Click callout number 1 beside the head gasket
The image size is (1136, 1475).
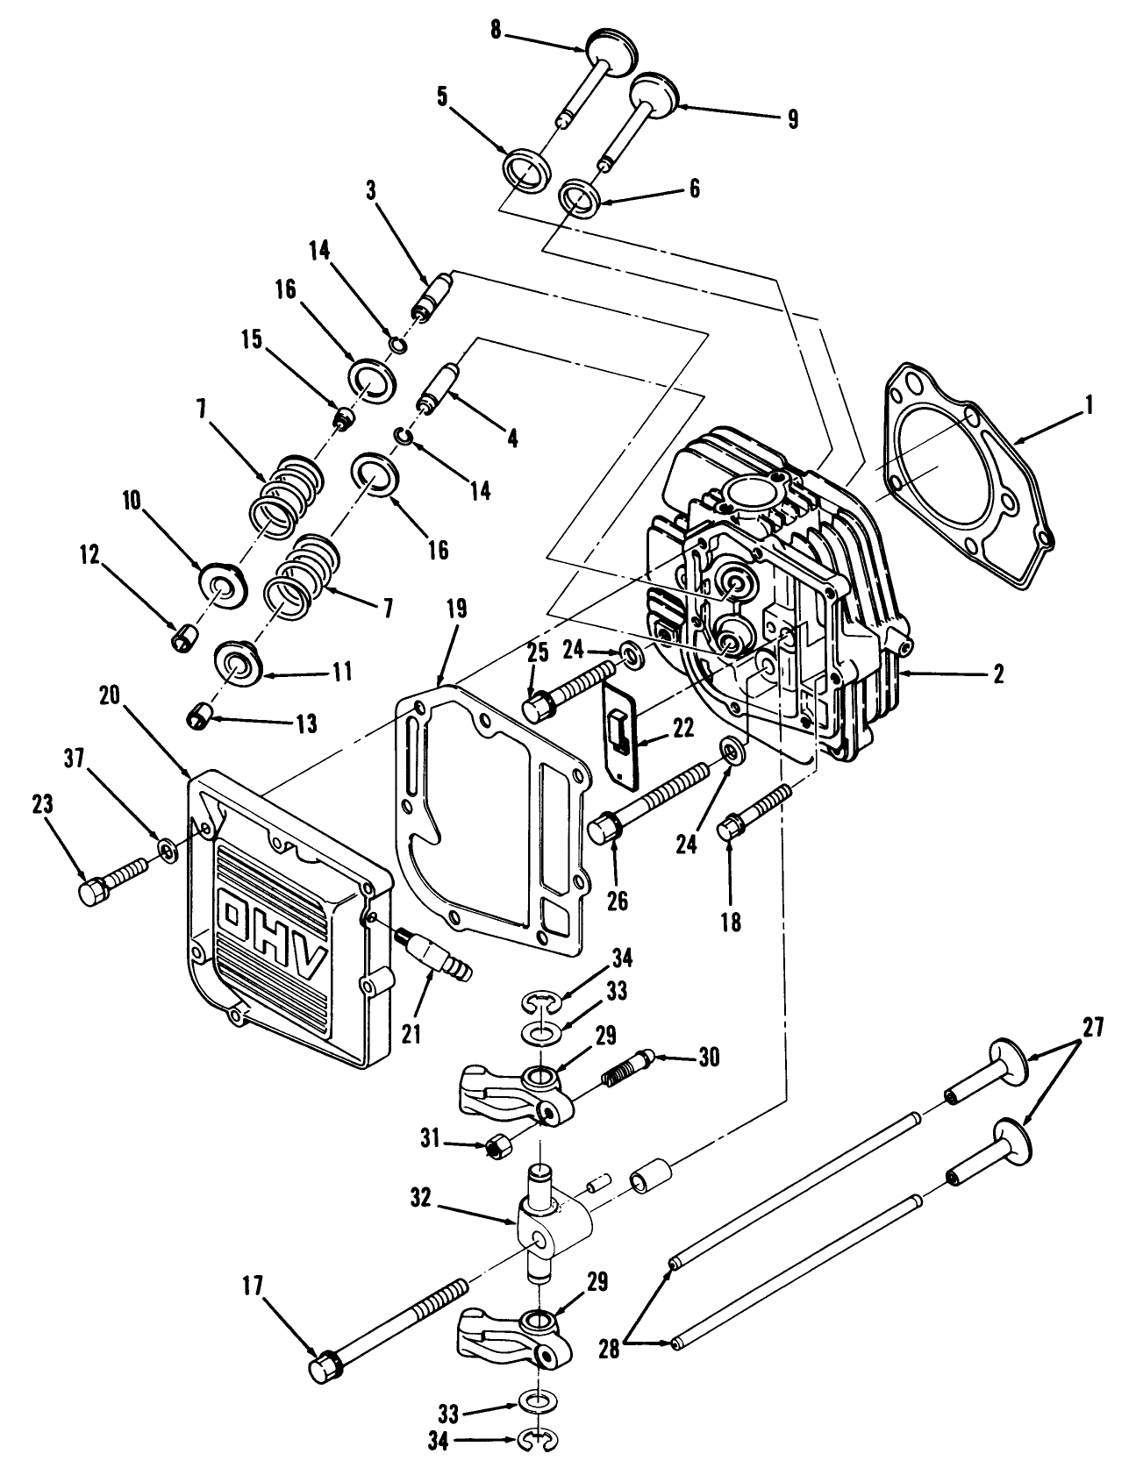coord(1088,405)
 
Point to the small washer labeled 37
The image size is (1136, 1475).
coord(166,851)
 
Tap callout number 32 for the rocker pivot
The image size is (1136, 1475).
coord(420,1199)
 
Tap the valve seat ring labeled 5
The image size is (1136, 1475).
coord(526,169)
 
